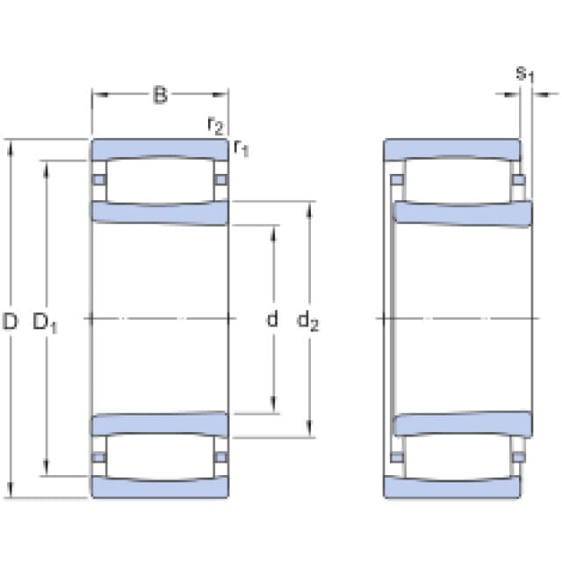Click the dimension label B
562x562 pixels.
(x=160, y=95)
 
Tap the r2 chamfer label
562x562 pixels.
(x=215, y=125)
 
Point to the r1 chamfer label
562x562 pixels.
(x=241, y=148)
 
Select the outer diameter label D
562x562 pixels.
(x=10, y=321)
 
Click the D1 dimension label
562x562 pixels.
(x=45, y=322)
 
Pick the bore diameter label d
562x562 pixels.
(x=272, y=318)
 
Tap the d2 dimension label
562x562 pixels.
(x=308, y=320)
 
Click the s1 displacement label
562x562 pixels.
(x=525, y=75)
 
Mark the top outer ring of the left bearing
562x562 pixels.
(x=160, y=149)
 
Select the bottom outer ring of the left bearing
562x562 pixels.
(x=160, y=487)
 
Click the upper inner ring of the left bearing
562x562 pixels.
(x=160, y=213)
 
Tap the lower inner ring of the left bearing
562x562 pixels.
(x=160, y=424)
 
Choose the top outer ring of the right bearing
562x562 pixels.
(x=452, y=149)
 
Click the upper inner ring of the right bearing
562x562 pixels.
(x=463, y=214)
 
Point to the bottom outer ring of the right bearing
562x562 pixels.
(x=452, y=487)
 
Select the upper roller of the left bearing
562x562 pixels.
(x=160, y=181)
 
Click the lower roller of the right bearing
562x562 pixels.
(x=458, y=457)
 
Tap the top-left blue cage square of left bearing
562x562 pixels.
(x=99, y=179)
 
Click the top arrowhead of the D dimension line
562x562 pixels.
(x=11, y=148)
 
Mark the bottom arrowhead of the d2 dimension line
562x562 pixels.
(x=309, y=429)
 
